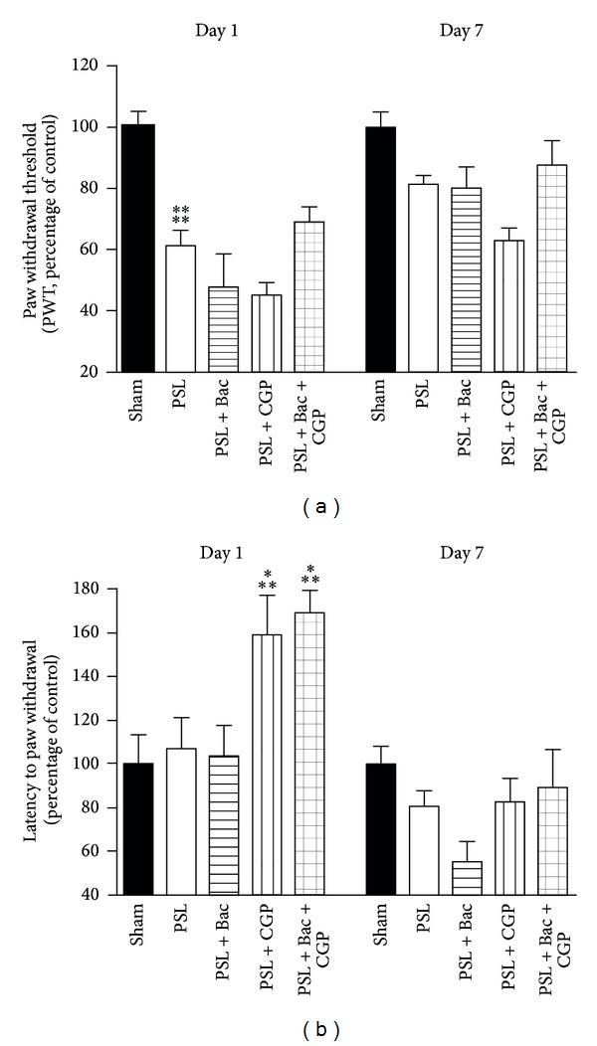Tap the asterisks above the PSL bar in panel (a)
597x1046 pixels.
coord(181,214)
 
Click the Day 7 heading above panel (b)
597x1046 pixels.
coord(463,553)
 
